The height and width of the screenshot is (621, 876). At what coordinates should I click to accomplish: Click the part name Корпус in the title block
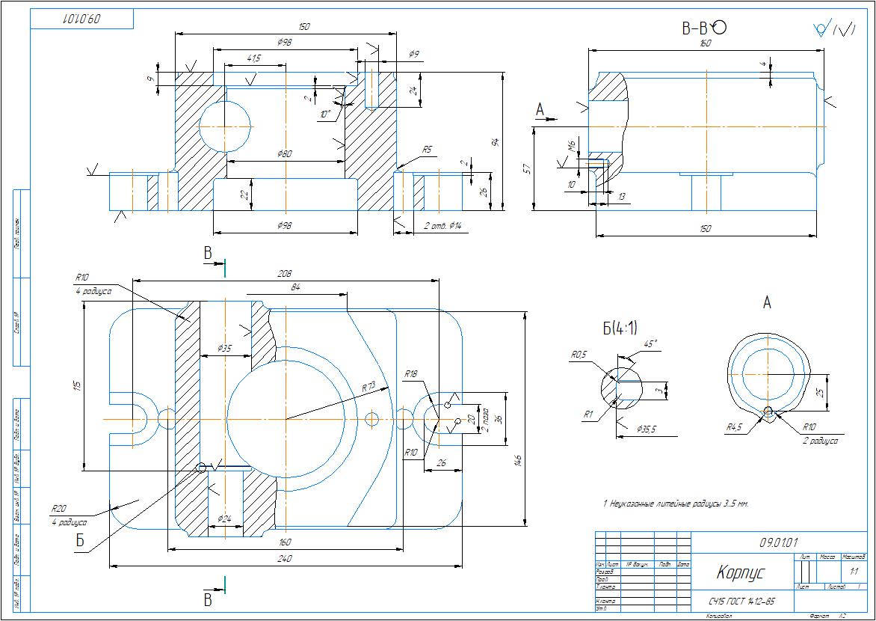pyautogui.click(x=740, y=574)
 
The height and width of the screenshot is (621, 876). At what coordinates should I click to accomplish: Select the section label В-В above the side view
pyautogui.click(x=695, y=29)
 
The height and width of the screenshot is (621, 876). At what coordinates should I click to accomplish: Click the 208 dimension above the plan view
pyautogui.click(x=284, y=274)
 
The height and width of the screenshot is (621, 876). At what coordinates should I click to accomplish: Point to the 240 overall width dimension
pyautogui.click(x=284, y=558)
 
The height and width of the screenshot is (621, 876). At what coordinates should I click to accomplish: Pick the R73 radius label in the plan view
pyautogui.click(x=368, y=388)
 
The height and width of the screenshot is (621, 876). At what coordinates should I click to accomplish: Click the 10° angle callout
pyautogui.click(x=324, y=114)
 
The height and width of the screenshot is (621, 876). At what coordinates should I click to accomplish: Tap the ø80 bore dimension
pyautogui.click(x=284, y=154)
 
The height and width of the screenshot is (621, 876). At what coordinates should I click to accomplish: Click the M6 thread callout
pyautogui.click(x=572, y=144)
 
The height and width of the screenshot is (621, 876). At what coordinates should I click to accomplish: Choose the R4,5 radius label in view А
pyautogui.click(x=734, y=427)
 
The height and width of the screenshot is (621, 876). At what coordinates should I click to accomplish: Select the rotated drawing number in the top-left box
pyautogui.click(x=81, y=19)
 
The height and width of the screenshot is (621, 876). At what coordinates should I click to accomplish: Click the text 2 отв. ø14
pyautogui.click(x=444, y=226)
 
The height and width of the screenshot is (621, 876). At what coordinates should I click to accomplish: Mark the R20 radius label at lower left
pyautogui.click(x=59, y=508)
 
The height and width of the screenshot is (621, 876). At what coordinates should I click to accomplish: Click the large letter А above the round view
pyautogui.click(x=766, y=303)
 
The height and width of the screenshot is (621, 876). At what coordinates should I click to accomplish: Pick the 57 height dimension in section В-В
pyautogui.click(x=528, y=169)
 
